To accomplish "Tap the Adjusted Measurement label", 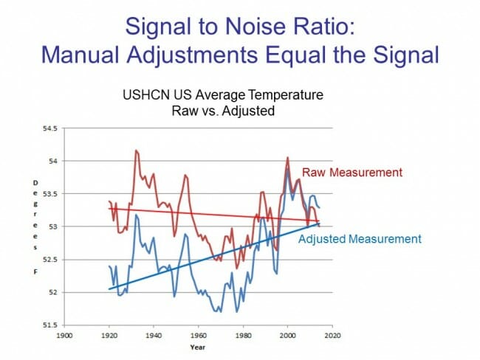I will coord(360,238).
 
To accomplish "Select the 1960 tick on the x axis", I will coord(198,334).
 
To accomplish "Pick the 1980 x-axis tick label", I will coord(242,334).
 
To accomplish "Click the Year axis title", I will coord(197,345).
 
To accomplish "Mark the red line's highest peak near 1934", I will coord(136,150).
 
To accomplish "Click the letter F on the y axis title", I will coord(34,273).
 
